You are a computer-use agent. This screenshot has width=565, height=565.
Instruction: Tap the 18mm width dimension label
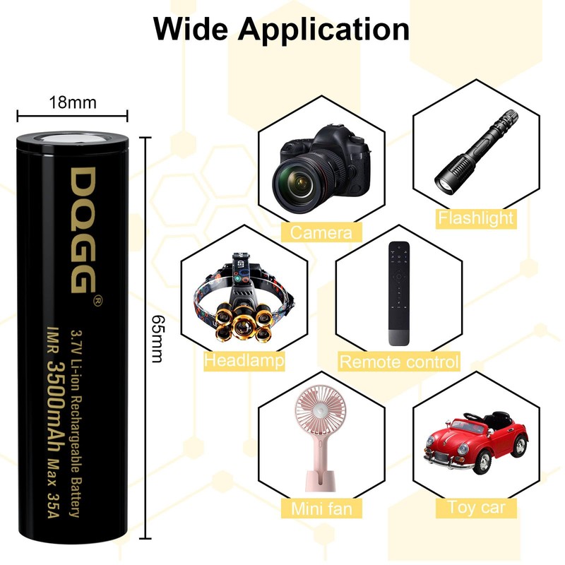click(72, 102)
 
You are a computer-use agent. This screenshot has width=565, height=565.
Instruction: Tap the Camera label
click(321, 232)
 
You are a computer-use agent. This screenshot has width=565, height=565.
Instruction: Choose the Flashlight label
click(475, 218)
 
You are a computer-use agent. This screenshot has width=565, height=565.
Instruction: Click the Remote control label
click(399, 362)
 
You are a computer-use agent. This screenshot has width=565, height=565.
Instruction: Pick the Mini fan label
click(321, 508)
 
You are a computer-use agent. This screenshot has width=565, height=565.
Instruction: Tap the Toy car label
click(477, 506)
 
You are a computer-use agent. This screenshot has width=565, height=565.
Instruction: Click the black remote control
click(398, 293)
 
